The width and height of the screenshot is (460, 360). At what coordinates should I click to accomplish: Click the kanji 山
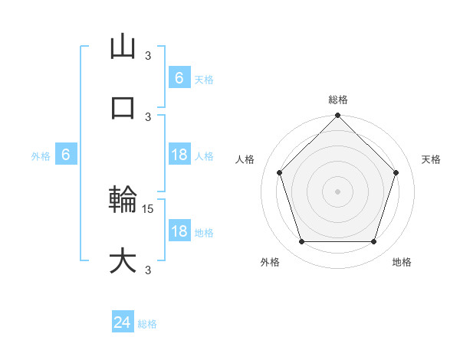[x=123, y=46]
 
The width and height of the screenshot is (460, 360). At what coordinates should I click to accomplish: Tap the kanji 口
[x=123, y=107]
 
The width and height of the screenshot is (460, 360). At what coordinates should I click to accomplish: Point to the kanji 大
[x=123, y=260]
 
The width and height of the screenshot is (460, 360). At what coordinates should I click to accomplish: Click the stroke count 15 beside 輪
[x=149, y=208]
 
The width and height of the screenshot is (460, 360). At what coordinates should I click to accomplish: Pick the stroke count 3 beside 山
[x=148, y=55]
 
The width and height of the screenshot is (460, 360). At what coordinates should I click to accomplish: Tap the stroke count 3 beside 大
[x=148, y=270]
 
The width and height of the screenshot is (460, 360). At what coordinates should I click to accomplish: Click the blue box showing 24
[x=123, y=323]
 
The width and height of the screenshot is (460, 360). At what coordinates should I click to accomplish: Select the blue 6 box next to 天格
[x=179, y=78]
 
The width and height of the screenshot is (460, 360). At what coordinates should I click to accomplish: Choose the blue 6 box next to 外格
[x=66, y=155]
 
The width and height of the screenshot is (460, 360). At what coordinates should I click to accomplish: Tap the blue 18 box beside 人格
[x=179, y=155]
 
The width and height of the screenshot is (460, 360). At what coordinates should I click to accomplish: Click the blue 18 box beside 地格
[x=179, y=231]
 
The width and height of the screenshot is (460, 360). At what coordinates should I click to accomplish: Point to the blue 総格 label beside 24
[x=147, y=324]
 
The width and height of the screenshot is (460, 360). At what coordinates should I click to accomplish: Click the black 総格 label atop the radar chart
[x=337, y=100]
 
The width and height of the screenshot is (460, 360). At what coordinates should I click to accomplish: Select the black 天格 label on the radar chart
[x=431, y=159]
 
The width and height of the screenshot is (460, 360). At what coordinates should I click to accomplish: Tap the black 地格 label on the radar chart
[x=402, y=262]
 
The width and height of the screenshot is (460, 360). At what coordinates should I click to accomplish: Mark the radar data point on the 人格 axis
[x=279, y=172]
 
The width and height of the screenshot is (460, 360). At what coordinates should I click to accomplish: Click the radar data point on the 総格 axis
[x=337, y=116]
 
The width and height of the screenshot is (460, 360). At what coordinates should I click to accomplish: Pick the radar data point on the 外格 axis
[x=301, y=242]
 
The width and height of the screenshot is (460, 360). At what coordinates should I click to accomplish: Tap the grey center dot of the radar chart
[x=337, y=191]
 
